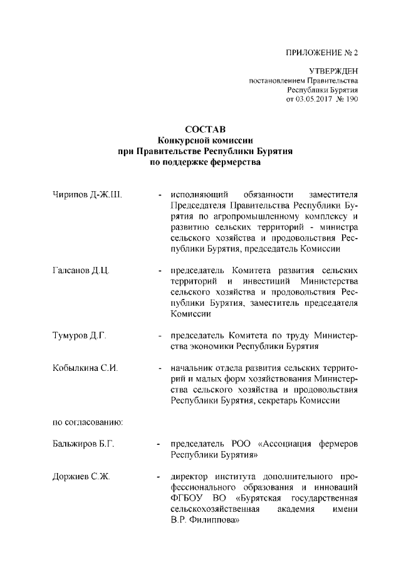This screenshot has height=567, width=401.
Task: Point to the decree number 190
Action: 352,99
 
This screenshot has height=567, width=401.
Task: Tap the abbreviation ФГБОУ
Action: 187,500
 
